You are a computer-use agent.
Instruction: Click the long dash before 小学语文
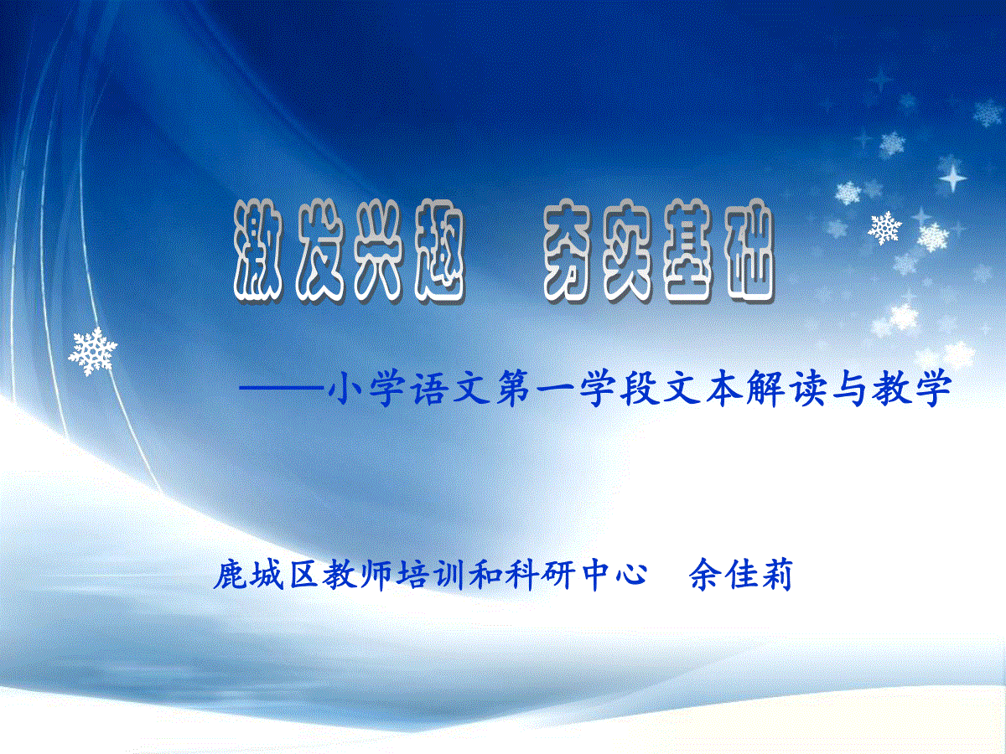(x=281, y=388)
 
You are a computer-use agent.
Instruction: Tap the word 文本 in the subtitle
(x=703, y=388)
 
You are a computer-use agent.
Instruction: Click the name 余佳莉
(x=740, y=575)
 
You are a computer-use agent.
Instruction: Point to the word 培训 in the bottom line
(x=430, y=575)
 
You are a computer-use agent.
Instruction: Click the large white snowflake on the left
(x=93, y=352)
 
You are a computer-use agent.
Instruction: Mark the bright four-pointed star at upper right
(x=952, y=177)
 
